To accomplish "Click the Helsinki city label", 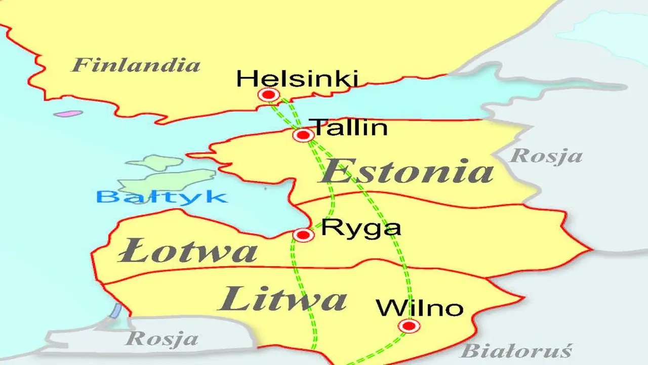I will [x=297, y=79].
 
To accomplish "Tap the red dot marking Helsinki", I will [x=268, y=94].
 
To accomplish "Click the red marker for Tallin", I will [x=303, y=135].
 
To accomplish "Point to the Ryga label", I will [x=361, y=229].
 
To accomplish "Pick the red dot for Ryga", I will [x=303, y=235].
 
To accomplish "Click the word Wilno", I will [x=420, y=308].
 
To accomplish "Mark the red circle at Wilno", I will [x=409, y=325].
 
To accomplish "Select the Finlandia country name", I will [x=136, y=65].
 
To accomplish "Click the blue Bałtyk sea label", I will [x=161, y=196].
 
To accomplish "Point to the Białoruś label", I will [x=516, y=350].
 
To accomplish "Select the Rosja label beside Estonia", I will [x=546, y=156].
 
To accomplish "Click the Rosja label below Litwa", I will [x=161, y=338].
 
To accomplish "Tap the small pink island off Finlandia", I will [x=68, y=114].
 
